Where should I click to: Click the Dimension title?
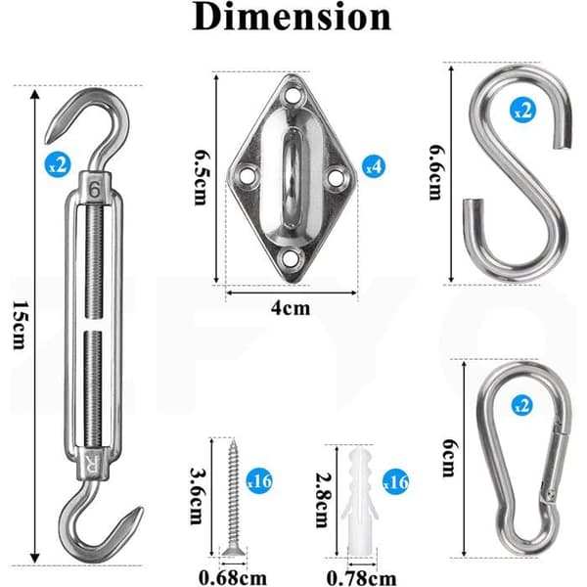[292, 17]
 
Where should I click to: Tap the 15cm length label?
[19, 325]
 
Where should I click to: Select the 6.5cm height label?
[201, 177]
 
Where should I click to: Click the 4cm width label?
[291, 308]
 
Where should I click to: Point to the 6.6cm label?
[436, 172]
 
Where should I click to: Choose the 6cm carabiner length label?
[449, 458]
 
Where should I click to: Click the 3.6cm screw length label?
[197, 496]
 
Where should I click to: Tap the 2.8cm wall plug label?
[323, 500]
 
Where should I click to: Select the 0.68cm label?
[233, 578]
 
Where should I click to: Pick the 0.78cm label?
[362, 578]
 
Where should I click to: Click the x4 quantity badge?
[374, 166]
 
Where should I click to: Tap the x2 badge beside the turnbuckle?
[58, 164]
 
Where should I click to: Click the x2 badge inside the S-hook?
[522, 111]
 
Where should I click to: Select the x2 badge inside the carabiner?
[521, 406]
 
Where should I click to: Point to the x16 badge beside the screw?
[259, 481]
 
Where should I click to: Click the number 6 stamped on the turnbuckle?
[94, 190]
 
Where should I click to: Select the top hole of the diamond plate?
[293, 94]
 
